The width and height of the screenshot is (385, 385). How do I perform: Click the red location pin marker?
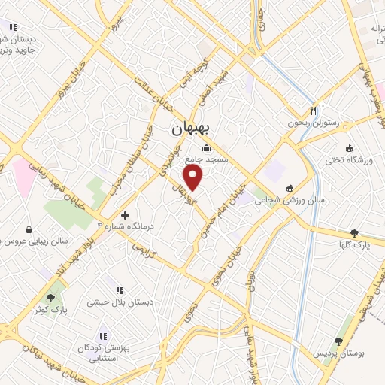pyautogui.click(x=194, y=178)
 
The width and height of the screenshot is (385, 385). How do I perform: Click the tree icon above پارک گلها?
pyautogui.click(x=354, y=233)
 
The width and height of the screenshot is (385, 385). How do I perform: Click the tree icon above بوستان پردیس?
pyautogui.click(x=338, y=341)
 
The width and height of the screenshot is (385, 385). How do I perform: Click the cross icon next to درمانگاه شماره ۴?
pyautogui.click(x=135, y=215)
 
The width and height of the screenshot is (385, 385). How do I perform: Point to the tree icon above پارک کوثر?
pyautogui.click(x=51, y=298)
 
